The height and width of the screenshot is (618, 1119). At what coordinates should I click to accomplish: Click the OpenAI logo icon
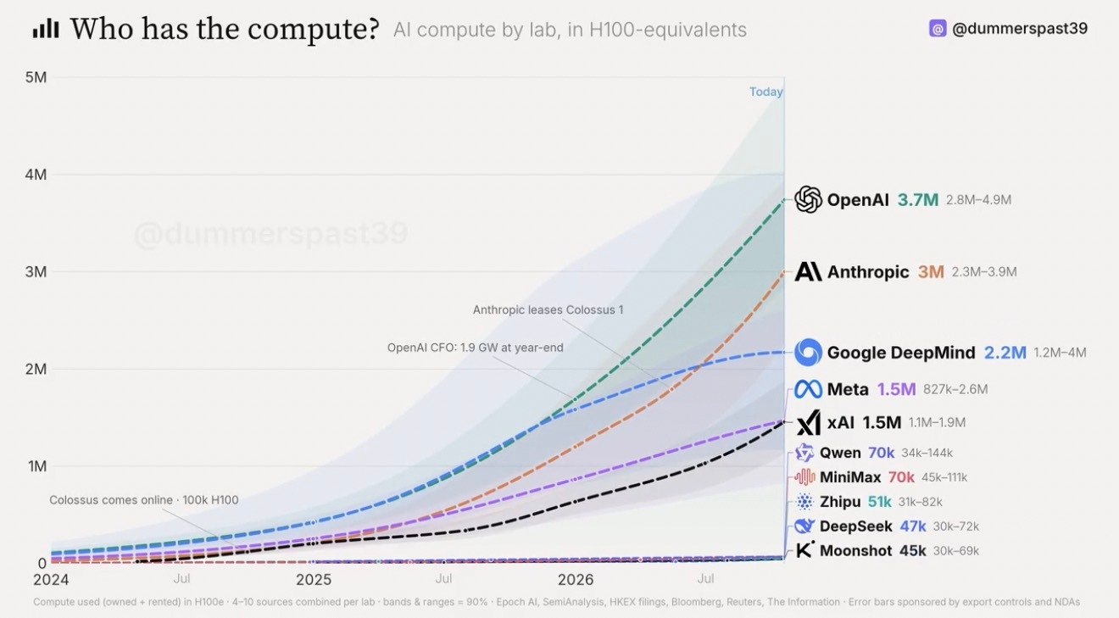pos(808,199)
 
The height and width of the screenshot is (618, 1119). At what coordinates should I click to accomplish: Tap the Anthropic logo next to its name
pos(808,271)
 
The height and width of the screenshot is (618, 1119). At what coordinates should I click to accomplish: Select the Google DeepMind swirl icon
pos(808,352)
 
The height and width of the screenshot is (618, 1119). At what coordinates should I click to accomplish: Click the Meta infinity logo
pos(808,389)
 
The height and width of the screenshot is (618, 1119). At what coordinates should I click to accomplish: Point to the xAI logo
pos(808,423)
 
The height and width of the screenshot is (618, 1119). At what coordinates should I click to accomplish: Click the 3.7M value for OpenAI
pos(918,200)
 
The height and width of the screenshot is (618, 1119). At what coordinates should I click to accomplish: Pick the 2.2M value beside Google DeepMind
pos(1005,353)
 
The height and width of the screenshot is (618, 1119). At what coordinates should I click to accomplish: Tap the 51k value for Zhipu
pos(879,502)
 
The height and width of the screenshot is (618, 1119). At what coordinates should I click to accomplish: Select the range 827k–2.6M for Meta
pos(955,389)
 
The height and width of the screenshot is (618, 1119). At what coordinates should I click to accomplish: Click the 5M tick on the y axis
pos(36,77)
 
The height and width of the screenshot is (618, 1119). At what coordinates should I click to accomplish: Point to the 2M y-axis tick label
pos(36,370)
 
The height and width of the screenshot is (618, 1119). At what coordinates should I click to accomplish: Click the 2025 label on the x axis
pos(314,580)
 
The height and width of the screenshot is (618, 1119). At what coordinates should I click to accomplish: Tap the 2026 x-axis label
pos(576,580)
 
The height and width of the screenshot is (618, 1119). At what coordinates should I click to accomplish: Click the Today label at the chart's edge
pos(765,92)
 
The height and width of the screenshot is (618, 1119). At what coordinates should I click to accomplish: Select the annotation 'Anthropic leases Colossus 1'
pos(548,309)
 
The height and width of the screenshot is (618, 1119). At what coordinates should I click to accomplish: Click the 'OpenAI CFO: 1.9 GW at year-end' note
pos(475,348)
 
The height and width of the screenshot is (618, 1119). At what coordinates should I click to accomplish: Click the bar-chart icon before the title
pos(46,29)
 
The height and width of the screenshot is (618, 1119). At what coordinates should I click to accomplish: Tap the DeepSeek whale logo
pos(804,526)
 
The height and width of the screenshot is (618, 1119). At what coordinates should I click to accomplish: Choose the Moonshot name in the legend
pos(855,550)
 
